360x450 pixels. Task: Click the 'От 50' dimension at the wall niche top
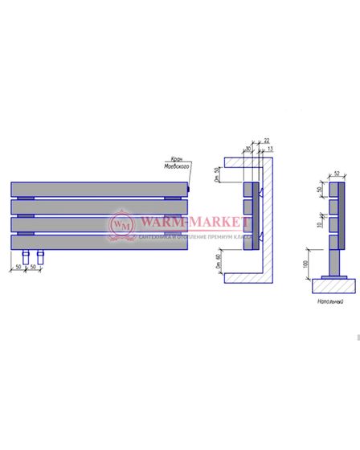[x=218, y=172]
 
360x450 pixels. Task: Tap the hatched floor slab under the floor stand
[x=331, y=285]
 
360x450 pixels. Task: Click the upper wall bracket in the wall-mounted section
[x=260, y=191]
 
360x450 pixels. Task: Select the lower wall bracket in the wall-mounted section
[x=260, y=237]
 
